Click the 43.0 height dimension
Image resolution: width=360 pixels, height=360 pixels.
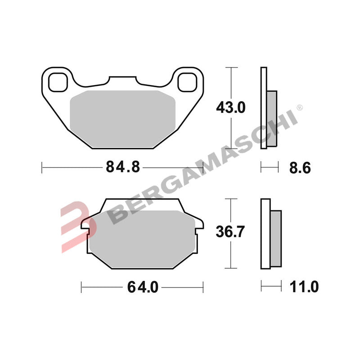pos(231,108)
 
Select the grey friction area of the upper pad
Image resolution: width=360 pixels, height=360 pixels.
pos(122,118)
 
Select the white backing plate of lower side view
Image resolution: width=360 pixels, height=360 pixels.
pos(265,233)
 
